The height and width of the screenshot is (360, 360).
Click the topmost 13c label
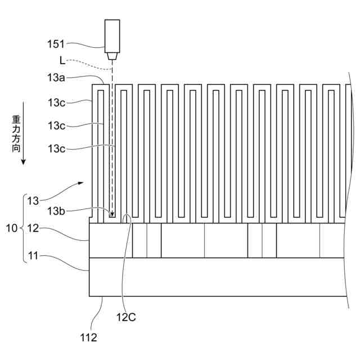[x=56, y=102]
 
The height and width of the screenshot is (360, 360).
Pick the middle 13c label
[x=56, y=125]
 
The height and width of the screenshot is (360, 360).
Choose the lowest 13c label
[x=56, y=148]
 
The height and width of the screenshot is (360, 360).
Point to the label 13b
[x=56, y=211]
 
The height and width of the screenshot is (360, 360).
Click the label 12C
[x=126, y=317]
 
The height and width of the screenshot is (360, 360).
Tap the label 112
[x=88, y=337]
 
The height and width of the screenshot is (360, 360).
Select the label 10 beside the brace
[x=11, y=228]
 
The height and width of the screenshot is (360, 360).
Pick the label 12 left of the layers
[x=34, y=228]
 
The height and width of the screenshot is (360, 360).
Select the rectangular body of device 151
[x=112, y=35]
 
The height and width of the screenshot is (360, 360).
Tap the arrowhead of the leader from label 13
[x=83, y=183]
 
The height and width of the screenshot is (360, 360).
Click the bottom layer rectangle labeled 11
[x=214, y=277]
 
